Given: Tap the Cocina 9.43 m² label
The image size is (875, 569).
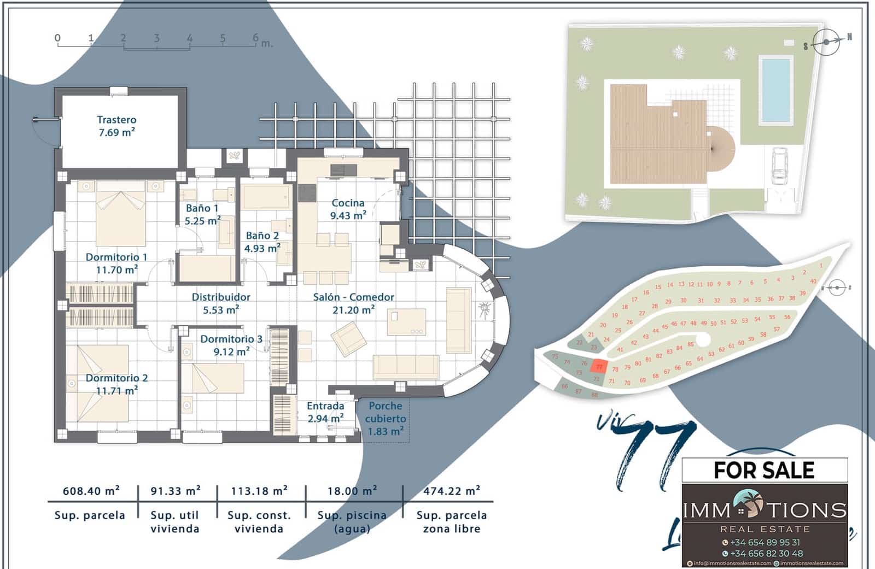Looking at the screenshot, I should pos(348,209).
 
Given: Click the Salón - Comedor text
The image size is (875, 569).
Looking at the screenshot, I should pos(353,297).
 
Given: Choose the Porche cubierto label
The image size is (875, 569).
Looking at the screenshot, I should pos(386,418).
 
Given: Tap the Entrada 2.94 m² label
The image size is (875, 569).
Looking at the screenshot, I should pos(325,412).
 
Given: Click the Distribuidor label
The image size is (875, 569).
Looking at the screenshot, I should pos(221,303).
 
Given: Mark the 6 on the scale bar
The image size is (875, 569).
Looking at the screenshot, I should pos(255,38).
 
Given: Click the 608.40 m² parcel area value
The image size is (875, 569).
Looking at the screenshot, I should pos(91,491).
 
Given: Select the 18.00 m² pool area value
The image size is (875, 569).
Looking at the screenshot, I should pos(352,491).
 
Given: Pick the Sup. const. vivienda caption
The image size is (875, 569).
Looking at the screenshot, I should pos(259,522).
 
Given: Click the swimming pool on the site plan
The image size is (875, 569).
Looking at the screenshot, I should pos(775,90).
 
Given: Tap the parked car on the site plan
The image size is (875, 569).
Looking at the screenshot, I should pos(779,164).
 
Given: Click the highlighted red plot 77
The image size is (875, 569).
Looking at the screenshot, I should pos(599,367).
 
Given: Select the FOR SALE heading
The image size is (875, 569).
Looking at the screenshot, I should pos(764,470).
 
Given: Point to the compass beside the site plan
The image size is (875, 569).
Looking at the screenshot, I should pos(826,42).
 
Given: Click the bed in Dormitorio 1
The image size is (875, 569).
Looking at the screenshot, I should pos(121,214).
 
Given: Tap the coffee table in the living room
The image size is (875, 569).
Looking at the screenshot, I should pos(406,322).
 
